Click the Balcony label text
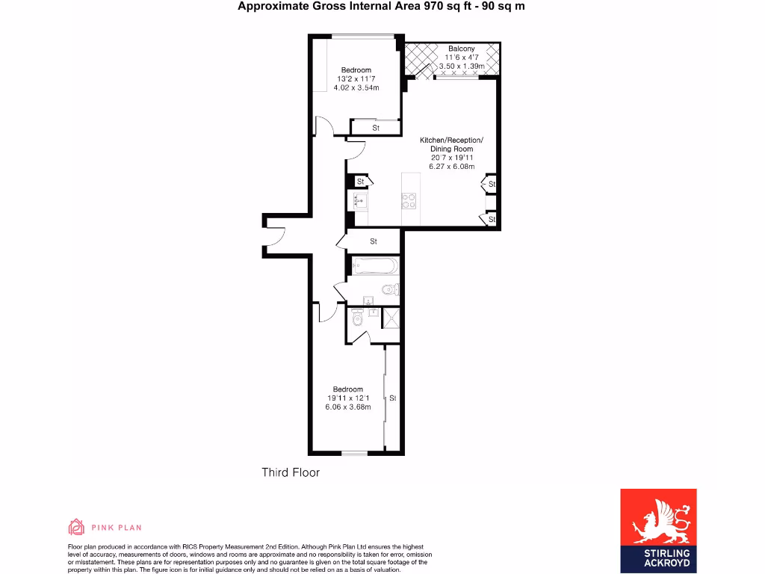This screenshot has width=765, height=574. point(461,49)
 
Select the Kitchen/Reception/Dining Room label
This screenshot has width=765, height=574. point(451,144)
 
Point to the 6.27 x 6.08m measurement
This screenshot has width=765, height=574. point(451,166)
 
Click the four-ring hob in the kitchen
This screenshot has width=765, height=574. point(409,200)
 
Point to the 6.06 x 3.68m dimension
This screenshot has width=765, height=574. point(347,407)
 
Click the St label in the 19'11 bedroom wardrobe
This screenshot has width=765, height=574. point(392,398)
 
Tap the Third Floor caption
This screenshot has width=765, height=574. point(291,472)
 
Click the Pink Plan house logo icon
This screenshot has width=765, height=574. point(76,528)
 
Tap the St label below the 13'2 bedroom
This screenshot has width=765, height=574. point(376,129)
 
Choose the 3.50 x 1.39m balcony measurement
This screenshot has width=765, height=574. point(461,67)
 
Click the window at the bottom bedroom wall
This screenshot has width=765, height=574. point(356,453)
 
